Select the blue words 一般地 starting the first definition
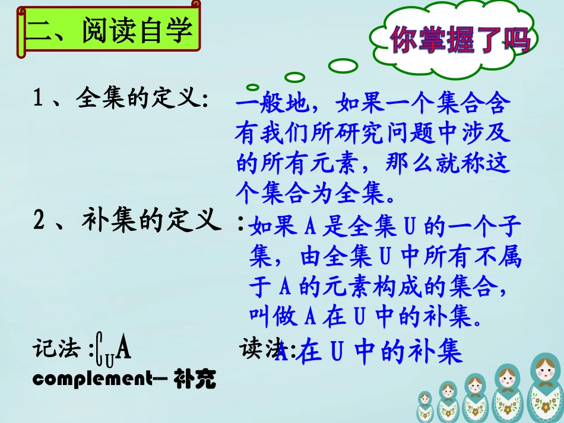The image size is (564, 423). [270, 106]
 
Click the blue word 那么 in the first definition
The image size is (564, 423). [419, 163]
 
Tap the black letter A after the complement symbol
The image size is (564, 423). [123, 349]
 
